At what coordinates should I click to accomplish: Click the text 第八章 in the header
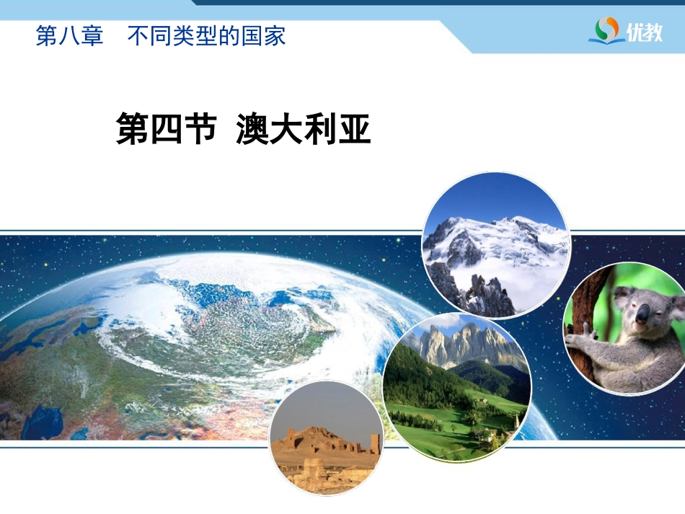pyautogui.click(x=69, y=36)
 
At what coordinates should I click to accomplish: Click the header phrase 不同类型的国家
pyautogui.click(x=207, y=36)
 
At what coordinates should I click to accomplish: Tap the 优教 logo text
pyautogui.click(x=645, y=32)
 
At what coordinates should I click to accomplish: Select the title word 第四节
pyautogui.click(x=167, y=129)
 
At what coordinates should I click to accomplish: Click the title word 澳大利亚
pyautogui.click(x=304, y=129)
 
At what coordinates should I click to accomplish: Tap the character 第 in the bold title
pyautogui.click(x=133, y=129)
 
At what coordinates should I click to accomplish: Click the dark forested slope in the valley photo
pyautogui.click(x=420, y=376)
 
